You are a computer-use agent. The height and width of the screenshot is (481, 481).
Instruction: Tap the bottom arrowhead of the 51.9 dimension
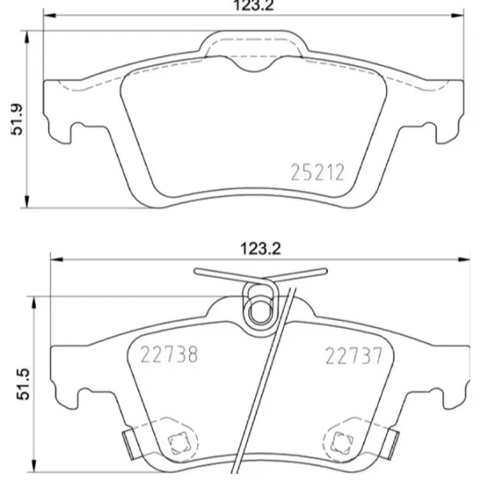coord(30,202)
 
